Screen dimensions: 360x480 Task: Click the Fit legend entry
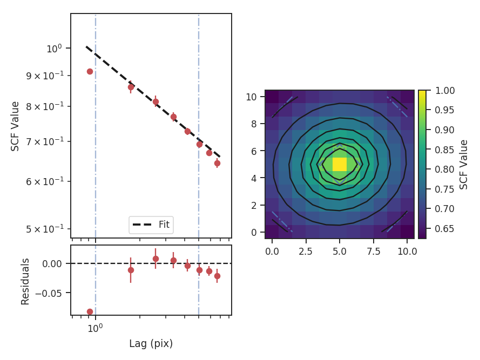[x=151, y=225]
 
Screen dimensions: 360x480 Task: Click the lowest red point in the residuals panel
[x=90, y=311]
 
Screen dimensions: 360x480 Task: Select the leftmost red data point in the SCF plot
[x=90, y=71]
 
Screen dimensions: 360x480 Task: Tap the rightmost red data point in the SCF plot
[x=217, y=163]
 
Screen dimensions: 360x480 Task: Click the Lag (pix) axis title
[x=151, y=343]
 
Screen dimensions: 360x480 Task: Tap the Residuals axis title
[x=25, y=281]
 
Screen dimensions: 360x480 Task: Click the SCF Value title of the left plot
[x=15, y=126]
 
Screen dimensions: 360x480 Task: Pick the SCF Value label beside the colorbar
[x=464, y=164]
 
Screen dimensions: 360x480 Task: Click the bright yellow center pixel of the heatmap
[x=340, y=164]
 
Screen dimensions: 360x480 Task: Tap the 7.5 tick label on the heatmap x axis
[x=373, y=251]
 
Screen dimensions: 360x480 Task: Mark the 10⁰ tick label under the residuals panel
[x=96, y=327]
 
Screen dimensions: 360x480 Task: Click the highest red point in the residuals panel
[x=156, y=259]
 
